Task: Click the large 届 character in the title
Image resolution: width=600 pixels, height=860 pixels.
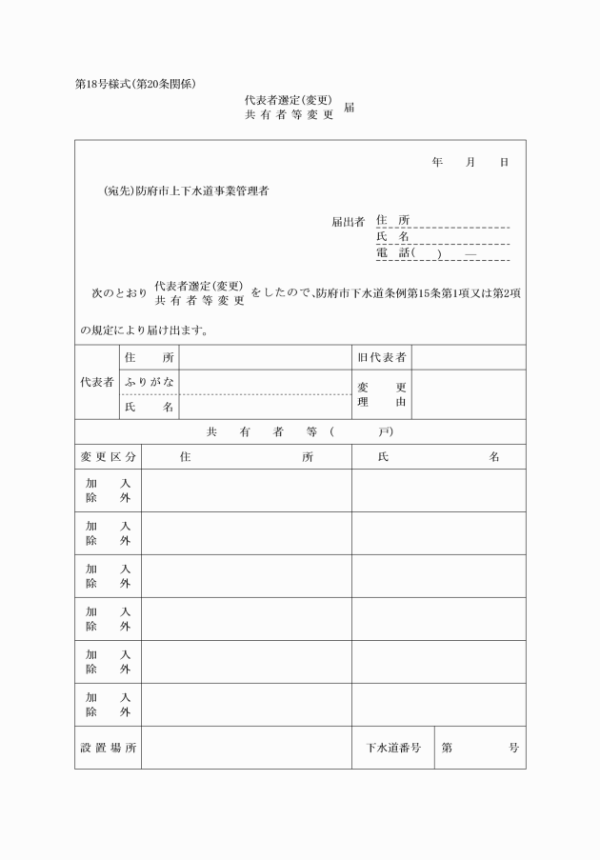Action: [350, 108]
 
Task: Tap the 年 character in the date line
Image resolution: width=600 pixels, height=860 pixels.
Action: [437, 163]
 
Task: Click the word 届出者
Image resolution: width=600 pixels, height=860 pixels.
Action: [348, 222]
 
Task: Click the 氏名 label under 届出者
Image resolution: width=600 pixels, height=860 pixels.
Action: [392, 237]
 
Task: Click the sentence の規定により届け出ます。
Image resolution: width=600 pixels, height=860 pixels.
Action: [144, 331]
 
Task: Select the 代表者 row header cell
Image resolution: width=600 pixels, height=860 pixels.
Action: [96, 382]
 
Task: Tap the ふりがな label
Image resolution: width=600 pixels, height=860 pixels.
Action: [149, 382]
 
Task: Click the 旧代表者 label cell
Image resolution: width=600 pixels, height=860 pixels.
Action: [381, 357]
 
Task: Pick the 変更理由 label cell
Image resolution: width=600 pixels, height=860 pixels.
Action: [381, 394]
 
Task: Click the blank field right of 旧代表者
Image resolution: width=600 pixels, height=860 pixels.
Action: [469, 357]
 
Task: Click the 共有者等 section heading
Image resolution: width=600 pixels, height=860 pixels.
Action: [299, 431]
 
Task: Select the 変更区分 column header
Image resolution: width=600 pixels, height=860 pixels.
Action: [108, 456]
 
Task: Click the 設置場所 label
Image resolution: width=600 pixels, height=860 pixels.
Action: [108, 748]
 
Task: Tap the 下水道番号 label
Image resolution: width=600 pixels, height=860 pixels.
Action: [393, 748]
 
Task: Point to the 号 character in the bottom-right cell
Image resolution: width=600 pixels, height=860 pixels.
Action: [514, 748]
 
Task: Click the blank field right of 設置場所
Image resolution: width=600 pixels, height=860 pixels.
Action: [246, 748]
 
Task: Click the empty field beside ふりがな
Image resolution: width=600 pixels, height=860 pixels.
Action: [264, 382]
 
